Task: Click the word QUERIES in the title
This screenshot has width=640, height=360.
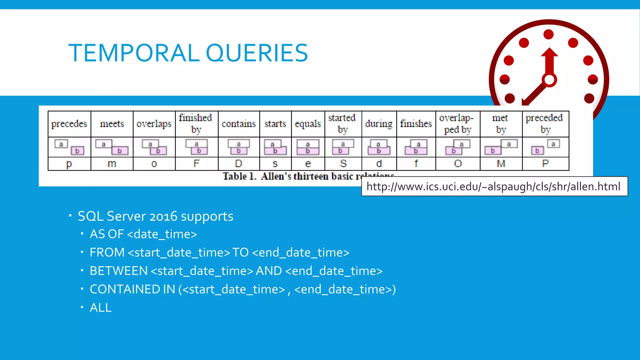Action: coord(257,53)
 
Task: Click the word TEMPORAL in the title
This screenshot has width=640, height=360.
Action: coord(134,53)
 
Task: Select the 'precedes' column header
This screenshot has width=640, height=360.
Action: coord(69,124)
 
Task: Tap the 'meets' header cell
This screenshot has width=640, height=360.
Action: coord(112,124)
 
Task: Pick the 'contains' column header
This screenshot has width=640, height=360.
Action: coord(239,124)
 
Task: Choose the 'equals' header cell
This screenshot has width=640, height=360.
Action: coord(308,124)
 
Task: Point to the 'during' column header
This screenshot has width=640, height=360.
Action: coord(379,124)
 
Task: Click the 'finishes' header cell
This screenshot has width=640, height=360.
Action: coord(416,124)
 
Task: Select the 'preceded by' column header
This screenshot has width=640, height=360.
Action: coord(545,124)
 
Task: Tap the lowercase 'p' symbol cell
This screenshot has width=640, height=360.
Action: coord(69,164)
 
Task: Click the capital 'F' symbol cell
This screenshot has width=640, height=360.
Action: coord(196,163)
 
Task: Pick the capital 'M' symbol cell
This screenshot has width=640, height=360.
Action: coord(501,163)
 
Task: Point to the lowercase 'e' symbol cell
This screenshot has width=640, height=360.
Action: coord(308,163)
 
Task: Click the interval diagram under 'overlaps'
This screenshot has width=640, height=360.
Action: coord(154,147)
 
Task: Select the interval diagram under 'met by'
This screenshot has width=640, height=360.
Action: coord(501,147)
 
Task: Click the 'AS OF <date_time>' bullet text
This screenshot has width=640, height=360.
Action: coord(143,234)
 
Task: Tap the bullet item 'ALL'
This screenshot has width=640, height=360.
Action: coord(100,308)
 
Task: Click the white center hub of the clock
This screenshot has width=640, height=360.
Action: coord(549,80)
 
